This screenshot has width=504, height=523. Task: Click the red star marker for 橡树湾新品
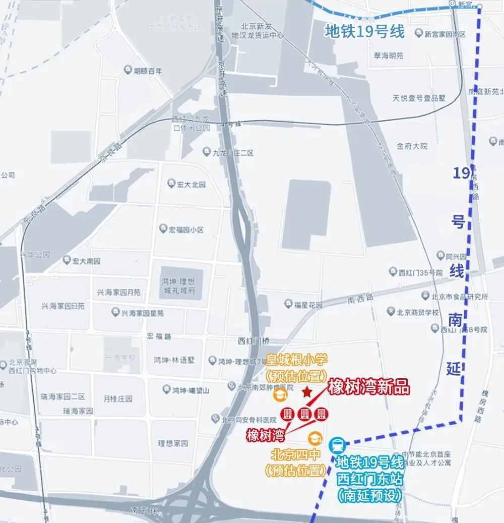point(306,392)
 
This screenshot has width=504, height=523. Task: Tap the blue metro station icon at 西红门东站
point(337,446)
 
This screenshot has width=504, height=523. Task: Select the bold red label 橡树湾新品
point(368,388)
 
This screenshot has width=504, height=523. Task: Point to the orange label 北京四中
point(295,455)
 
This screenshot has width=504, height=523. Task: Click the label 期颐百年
point(148,71)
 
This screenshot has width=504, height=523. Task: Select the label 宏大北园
point(192,185)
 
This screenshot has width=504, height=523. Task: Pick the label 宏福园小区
point(186,229)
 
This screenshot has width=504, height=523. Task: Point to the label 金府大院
point(412,146)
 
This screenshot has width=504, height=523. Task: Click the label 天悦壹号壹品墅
point(419,98)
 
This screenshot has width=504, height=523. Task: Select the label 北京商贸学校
point(417,312)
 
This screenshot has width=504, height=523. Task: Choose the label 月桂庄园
point(118,398)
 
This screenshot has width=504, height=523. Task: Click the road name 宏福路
point(159,336)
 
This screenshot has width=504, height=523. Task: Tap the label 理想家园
point(173,443)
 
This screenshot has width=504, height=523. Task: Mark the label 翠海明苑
point(389,56)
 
